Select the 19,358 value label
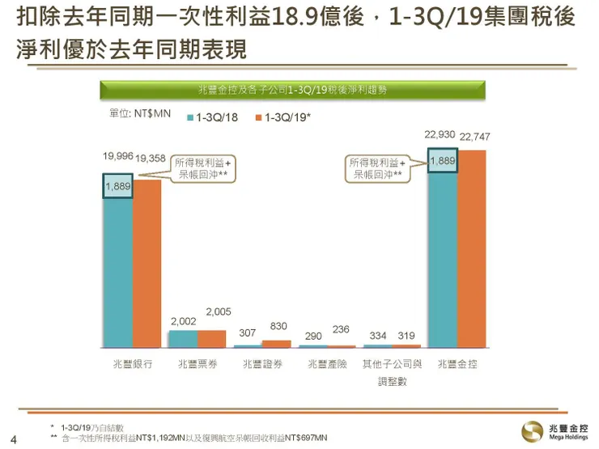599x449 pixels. tap(151, 157)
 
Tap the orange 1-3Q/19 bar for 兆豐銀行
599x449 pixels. tap(147, 267)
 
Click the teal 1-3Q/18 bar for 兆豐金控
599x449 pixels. tap(442, 259)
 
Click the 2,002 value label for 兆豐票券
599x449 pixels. tap(182, 321)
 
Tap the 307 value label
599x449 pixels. tap(248, 333)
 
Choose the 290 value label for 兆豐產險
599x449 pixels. tap(312, 334)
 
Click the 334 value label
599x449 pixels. tap(376, 334)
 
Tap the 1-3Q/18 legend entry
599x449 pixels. tap(214, 117)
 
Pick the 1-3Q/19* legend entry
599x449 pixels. tap(283, 117)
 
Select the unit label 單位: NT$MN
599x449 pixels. tap(139, 114)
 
